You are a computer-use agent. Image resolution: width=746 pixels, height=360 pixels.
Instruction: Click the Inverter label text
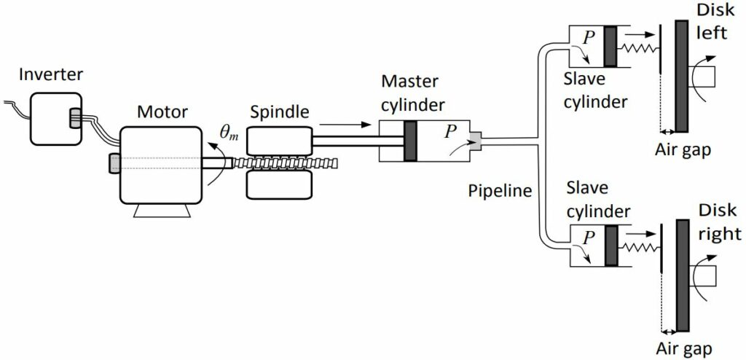click(x=52, y=74)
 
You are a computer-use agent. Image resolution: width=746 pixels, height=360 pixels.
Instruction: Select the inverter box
click(x=51, y=117)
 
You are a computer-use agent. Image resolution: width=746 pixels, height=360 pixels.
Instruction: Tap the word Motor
click(x=162, y=111)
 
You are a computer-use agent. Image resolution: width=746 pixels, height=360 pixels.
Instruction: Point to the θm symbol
click(x=230, y=131)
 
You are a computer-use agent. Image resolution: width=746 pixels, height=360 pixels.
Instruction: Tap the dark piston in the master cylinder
click(x=409, y=141)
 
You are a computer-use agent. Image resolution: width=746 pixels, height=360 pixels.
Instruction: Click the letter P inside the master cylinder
click(x=452, y=131)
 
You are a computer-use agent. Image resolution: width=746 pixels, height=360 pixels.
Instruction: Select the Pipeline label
click(x=498, y=191)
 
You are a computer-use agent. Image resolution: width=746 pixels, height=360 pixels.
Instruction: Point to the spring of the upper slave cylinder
click(x=635, y=47)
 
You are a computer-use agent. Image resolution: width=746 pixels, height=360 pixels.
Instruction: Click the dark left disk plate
click(x=681, y=76)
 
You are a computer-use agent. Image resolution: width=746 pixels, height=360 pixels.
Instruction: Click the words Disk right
click(x=718, y=222)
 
